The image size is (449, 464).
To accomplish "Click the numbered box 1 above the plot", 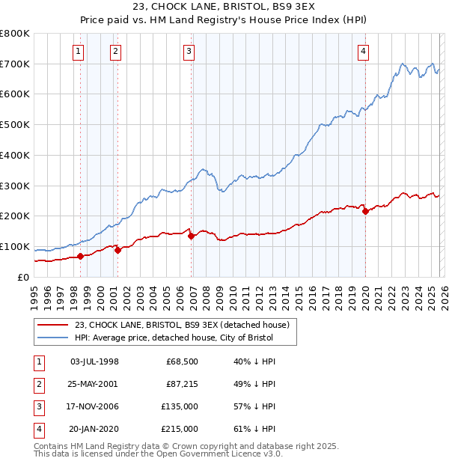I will tap(79, 52).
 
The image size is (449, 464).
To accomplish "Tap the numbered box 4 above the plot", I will tap(363, 52).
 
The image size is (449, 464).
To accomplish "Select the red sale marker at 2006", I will tap(192, 236).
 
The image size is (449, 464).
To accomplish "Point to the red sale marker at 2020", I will tap(365, 212).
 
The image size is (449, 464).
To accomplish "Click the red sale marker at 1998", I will tap(80, 256).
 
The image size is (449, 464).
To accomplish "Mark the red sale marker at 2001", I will tap(118, 251).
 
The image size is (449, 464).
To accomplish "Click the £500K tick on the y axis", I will tap(15, 125).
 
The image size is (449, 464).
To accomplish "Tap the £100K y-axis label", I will tap(15, 247).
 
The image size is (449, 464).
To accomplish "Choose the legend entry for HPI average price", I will tap(174, 338).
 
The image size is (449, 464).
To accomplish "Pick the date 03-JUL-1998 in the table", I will tap(94, 361).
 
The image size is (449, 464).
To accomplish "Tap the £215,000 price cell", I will tap(180, 429).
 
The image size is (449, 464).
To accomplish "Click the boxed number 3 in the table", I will tap(38, 406).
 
